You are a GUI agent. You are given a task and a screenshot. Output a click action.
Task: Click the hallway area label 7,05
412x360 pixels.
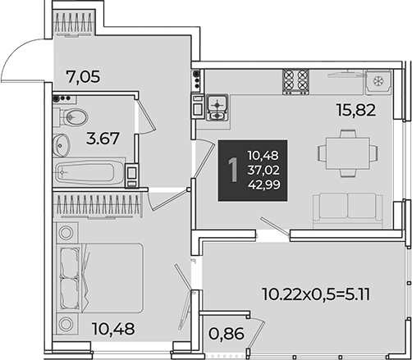(x=84, y=77)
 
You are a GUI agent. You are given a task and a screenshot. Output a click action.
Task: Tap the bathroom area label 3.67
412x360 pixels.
(x=103, y=138)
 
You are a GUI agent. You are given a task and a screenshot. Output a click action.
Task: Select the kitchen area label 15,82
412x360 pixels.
(x=356, y=111)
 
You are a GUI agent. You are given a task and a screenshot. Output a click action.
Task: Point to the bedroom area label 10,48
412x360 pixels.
(x=113, y=329)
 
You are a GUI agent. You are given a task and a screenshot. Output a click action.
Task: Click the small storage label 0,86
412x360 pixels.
(x=227, y=334)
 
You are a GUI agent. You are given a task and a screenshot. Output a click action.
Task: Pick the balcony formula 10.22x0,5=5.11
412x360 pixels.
(x=316, y=294)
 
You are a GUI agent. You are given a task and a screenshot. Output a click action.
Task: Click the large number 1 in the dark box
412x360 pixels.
(x=233, y=171)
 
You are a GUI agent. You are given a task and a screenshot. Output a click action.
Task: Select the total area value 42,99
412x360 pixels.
(x=264, y=185)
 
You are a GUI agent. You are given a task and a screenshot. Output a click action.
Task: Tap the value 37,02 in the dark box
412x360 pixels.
(x=263, y=171)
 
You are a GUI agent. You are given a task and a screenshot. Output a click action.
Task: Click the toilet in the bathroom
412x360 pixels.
(x=71, y=117)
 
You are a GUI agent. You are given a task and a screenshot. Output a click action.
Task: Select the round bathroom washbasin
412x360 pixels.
(x=62, y=145)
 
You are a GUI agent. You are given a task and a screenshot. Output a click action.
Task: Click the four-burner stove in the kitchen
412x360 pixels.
(x=295, y=81)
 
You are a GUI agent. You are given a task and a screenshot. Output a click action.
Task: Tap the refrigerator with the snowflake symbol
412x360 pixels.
(x=378, y=81)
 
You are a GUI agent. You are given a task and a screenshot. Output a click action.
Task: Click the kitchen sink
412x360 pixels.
(x=217, y=107)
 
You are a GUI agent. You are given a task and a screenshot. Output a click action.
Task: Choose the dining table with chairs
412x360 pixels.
(x=348, y=153)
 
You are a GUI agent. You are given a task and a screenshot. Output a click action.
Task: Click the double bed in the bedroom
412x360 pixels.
(x=100, y=278)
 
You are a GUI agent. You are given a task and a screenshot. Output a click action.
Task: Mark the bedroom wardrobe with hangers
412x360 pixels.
(x=97, y=207)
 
